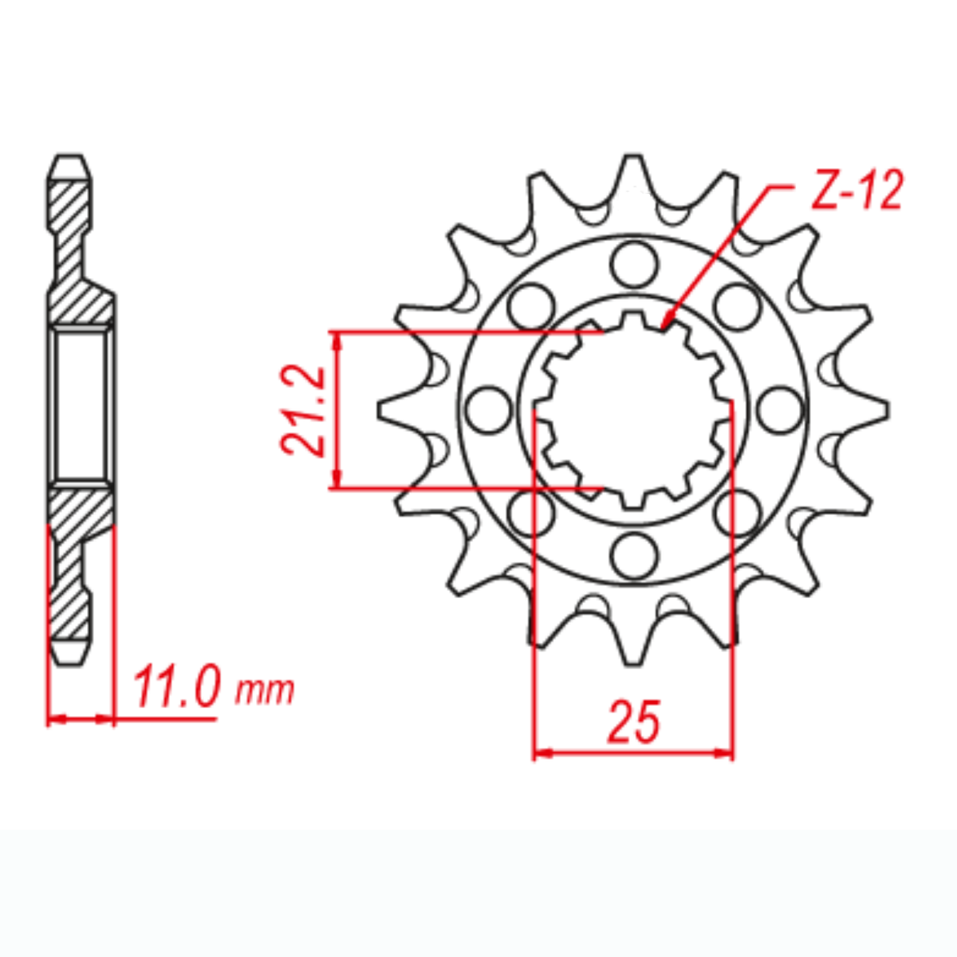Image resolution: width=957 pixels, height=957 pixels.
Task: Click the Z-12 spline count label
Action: point(857,192)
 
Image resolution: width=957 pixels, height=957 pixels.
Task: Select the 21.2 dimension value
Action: point(304,411)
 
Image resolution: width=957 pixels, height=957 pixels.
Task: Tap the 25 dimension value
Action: point(635,721)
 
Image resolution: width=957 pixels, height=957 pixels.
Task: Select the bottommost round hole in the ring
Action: point(634,553)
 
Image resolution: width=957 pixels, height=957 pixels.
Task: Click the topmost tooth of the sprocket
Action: point(634,171)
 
